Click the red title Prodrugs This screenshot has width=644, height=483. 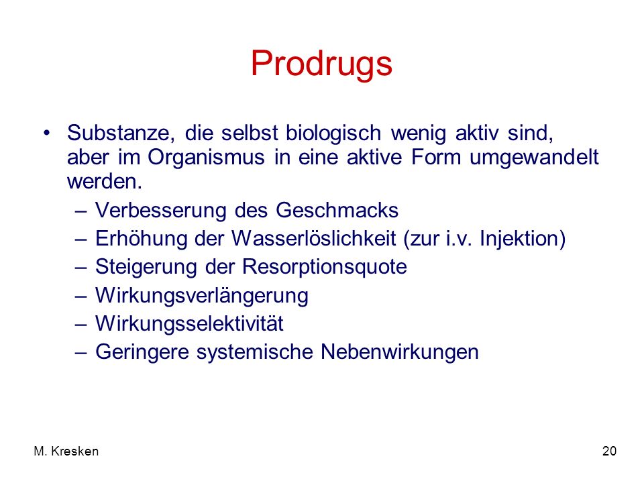tap(321, 64)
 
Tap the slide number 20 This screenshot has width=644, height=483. tap(609, 451)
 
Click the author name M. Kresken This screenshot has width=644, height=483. tap(66, 451)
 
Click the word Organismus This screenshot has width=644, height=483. tap(206, 158)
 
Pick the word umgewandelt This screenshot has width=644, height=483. tap(534, 158)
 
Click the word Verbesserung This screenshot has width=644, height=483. tap(160, 211)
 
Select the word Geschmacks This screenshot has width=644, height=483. tap(337, 211)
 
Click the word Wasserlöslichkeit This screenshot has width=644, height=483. tap(314, 239)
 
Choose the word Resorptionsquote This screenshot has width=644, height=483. tap(325, 268)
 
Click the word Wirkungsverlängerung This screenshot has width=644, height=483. tap(202, 296)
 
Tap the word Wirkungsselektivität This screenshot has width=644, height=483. tap(189, 323)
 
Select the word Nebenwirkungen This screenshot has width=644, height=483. tap(400, 352)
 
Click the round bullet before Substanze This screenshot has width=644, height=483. tap(47, 133)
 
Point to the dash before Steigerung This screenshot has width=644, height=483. tap(81, 268)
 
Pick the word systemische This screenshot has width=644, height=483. tap(254, 352)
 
